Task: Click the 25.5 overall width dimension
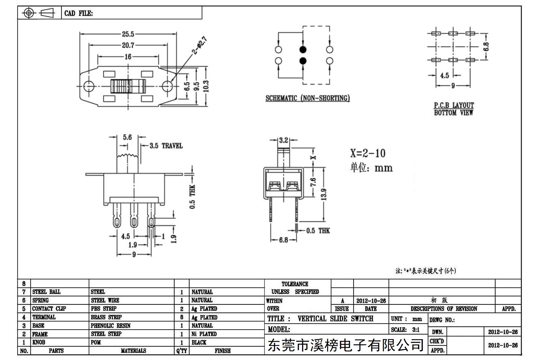128,34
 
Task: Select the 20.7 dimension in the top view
128,45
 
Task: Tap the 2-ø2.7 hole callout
199,45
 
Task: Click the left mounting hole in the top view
89,86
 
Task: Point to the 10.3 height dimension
206,86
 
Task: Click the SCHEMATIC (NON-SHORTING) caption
307,98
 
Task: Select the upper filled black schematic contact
303,50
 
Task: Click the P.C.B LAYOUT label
454,105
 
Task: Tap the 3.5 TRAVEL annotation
166,146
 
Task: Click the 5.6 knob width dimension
127,137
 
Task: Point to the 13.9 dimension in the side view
324,194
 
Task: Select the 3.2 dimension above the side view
284,140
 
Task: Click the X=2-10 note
368,153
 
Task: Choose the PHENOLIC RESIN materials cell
111,326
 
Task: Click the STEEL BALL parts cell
46,292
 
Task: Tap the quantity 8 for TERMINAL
182,317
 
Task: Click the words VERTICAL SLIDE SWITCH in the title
335,319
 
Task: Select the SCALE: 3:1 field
405,330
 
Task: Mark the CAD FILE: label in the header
79,13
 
